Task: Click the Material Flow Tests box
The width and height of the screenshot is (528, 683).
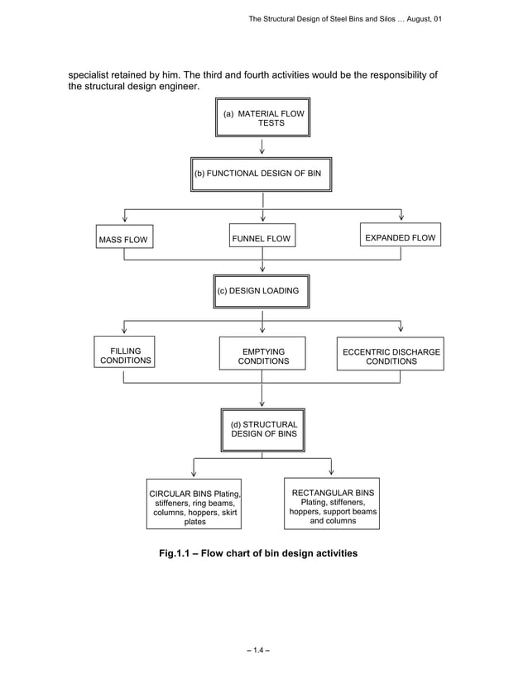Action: click(x=262, y=117)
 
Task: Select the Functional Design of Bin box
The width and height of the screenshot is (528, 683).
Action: click(x=261, y=174)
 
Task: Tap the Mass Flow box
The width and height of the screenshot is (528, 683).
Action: click(x=123, y=240)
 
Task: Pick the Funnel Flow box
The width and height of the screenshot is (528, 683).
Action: click(x=262, y=239)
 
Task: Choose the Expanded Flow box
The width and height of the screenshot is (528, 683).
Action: click(x=400, y=238)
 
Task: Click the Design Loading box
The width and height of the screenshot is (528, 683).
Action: click(x=262, y=291)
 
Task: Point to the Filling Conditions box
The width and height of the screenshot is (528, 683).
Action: click(x=125, y=356)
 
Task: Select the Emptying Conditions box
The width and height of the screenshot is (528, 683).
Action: click(x=262, y=356)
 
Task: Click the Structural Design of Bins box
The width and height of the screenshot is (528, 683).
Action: click(x=262, y=429)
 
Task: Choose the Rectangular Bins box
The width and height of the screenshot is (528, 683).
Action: click(x=332, y=503)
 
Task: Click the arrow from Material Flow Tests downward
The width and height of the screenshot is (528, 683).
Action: click(x=262, y=146)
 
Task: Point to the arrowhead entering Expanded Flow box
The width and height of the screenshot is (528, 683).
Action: click(x=401, y=217)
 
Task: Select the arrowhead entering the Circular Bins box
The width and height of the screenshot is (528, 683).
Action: click(x=193, y=472)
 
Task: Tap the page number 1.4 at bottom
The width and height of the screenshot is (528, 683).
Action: click(x=262, y=648)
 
